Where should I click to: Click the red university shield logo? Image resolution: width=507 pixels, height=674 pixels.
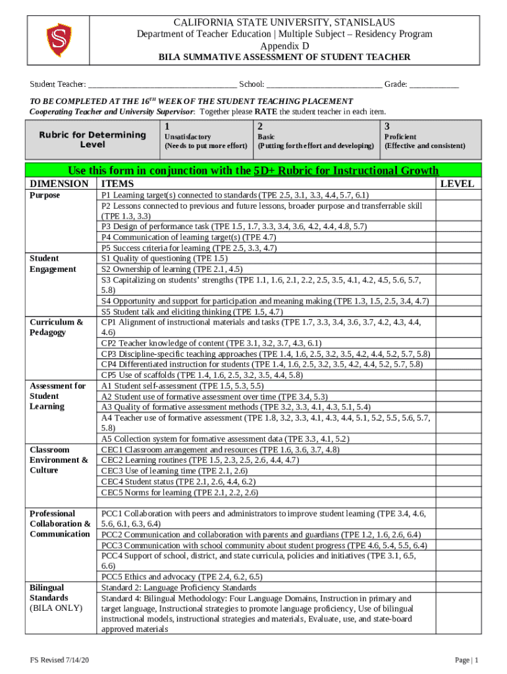(x=58, y=39)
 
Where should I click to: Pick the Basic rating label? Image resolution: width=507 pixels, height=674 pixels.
(x=271, y=136)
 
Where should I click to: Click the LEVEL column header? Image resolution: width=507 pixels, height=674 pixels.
(x=457, y=184)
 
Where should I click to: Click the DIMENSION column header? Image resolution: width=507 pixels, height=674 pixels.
(x=59, y=184)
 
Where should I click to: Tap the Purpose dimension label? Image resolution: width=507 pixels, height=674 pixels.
(x=45, y=195)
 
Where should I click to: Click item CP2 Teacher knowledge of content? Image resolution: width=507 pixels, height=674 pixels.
(x=211, y=343)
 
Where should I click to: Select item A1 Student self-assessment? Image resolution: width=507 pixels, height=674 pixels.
(x=182, y=386)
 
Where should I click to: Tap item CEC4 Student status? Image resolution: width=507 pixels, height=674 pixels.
(x=178, y=481)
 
